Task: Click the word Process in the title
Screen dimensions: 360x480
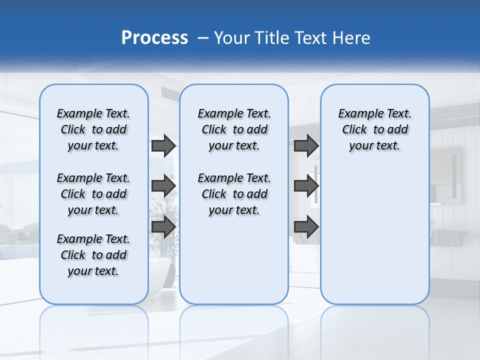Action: [x=154, y=37]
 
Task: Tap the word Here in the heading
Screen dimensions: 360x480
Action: [x=350, y=37]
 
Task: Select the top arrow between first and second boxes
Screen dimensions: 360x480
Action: [x=163, y=146]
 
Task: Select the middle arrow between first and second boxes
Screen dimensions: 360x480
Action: [x=163, y=186]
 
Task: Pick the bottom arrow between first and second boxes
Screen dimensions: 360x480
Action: [x=163, y=227]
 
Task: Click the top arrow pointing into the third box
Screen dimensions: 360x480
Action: [x=306, y=146]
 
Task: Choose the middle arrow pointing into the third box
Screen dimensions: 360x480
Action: [x=306, y=186]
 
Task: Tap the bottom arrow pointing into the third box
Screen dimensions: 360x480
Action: [x=306, y=227]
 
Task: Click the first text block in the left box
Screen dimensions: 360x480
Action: [x=93, y=129]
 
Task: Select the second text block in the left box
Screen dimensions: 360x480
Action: [x=93, y=194]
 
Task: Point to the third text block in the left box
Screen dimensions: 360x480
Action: [x=93, y=255]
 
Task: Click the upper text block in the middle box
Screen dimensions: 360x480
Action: [x=234, y=129]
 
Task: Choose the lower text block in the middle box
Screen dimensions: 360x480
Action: [x=234, y=194]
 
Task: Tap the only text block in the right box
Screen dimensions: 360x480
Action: [x=374, y=129]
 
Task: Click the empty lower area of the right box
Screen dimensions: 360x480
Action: [x=374, y=240]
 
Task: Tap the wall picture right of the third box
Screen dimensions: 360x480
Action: [x=447, y=175]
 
